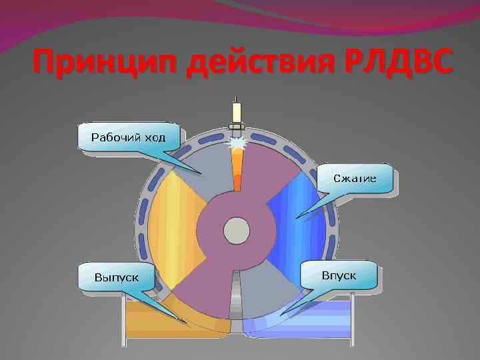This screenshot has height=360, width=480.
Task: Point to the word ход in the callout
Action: point(157,137)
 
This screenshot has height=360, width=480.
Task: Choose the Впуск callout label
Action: point(339,275)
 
